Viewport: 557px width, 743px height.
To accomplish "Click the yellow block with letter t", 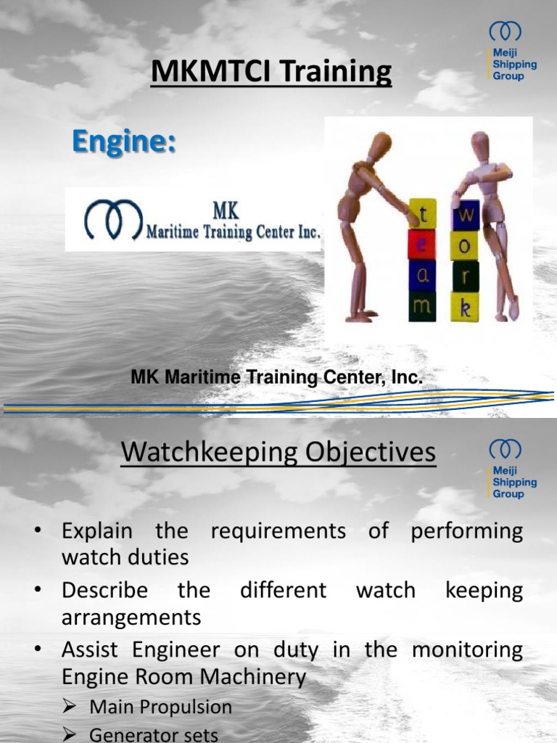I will pyautogui.click(x=422, y=213).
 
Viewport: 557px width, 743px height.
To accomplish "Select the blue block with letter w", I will pyautogui.click(x=466, y=215).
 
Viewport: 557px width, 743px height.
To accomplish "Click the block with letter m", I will pyautogui.click(x=422, y=308).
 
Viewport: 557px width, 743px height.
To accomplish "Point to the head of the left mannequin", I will pyautogui.click(x=379, y=148).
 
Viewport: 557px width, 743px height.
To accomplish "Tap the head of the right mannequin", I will pyautogui.click(x=479, y=145).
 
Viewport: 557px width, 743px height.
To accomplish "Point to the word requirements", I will pyautogui.click(x=278, y=530).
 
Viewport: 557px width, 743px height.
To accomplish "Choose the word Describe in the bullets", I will pyautogui.click(x=104, y=590).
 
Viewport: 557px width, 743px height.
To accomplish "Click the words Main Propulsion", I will pyautogui.click(x=161, y=707).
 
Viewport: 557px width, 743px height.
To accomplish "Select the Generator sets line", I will pyautogui.click(x=154, y=734).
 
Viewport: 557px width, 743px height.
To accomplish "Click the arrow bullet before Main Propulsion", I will pyautogui.click(x=70, y=707).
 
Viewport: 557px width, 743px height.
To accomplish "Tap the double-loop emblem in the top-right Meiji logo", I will pyautogui.click(x=505, y=32).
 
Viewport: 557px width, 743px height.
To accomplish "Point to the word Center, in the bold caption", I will pyautogui.click(x=347, y=377).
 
